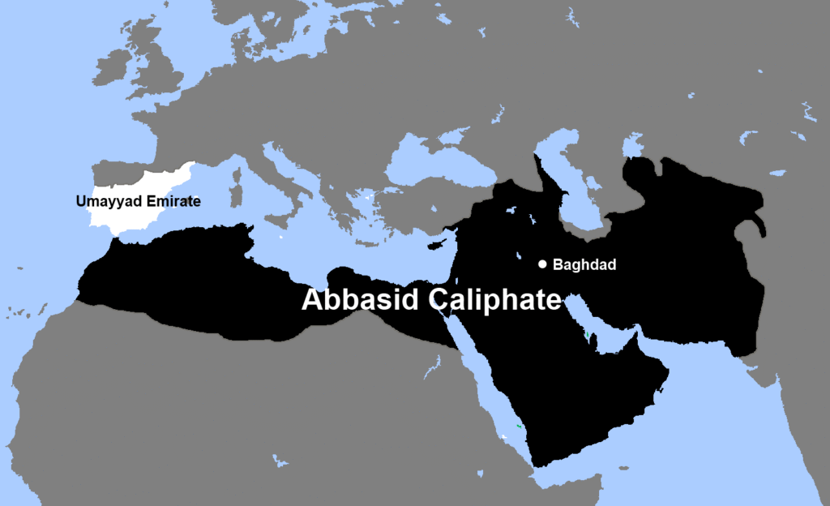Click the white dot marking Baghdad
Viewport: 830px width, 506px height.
click(x=542, y=264)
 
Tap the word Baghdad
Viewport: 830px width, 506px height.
click(x=580, y=264)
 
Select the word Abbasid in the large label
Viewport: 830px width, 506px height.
click(x=360, y=299)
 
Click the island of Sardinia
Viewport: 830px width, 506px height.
click(x=237, y=195)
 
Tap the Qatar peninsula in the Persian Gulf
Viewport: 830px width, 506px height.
click(x=601, y=342)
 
